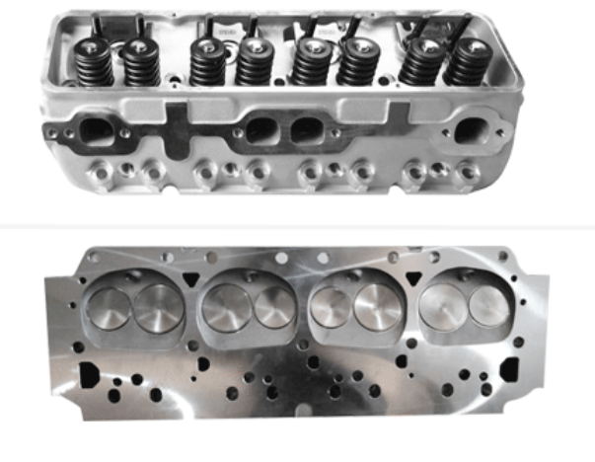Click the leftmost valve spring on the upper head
point(94,61)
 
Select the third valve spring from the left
point(208,61)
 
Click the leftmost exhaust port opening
point(95,128)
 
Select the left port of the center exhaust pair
point(261,129)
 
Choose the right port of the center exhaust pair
point(310,129)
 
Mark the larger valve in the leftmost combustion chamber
point(158,308)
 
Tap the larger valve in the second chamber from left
point(224,308)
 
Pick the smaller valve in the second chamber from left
point(274,308)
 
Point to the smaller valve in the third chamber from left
point(330,308)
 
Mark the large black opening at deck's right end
point(511,363)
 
